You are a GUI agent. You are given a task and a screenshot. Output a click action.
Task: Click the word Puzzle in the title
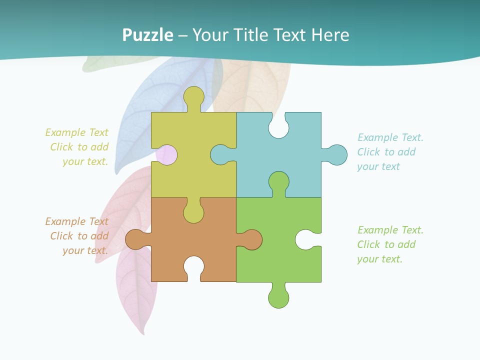tap(147, 35)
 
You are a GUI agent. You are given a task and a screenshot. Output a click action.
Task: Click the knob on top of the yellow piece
tap(194, 96)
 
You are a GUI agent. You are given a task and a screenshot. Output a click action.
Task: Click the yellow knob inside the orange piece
tap(194, 213)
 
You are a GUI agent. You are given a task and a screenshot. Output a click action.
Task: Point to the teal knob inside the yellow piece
tap(220, 154)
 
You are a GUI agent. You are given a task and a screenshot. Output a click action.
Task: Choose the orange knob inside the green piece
tap(252, 239)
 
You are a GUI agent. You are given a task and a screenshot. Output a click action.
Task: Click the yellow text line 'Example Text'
tap(77, 132)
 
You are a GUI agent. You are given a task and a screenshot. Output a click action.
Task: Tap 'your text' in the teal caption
tap(378, 167)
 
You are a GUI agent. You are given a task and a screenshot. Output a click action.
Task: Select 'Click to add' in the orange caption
tap(79, 236)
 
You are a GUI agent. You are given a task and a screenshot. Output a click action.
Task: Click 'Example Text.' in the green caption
tap(390, 230)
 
